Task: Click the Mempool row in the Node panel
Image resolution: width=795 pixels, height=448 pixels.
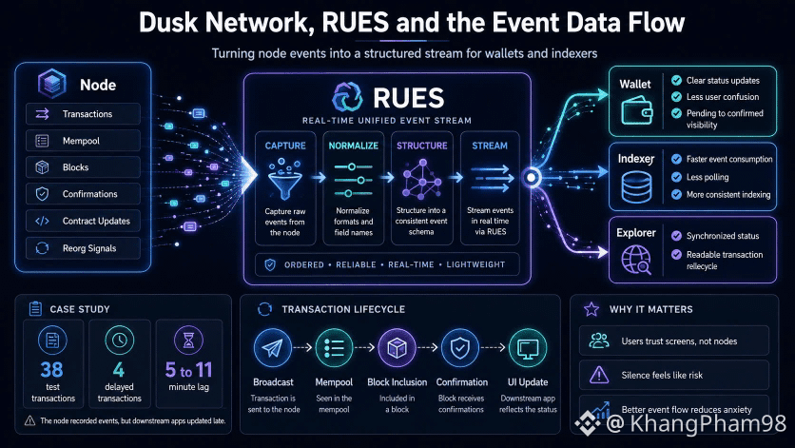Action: coord(83,141)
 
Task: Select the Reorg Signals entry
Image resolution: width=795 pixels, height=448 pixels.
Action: coord(83,248)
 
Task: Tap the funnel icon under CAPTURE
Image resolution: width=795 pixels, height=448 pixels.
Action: coord(285,179)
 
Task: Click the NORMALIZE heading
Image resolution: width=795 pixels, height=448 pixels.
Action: coord(354,146)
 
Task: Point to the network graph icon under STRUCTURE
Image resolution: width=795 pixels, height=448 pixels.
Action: coord(421,179)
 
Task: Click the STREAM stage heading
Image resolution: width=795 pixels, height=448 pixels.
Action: coord(490,146)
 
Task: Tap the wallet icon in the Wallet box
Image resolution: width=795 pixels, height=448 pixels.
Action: coord(637,110)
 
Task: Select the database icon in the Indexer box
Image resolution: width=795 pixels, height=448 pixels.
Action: coord(637,186)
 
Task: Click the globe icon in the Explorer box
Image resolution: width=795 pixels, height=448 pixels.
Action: coord(636,260)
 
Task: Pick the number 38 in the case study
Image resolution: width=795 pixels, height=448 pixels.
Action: coord(51,370)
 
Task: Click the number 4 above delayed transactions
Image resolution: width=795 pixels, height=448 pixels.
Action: coord(119,370)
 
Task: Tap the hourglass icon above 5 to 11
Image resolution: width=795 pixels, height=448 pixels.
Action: coord(188,340)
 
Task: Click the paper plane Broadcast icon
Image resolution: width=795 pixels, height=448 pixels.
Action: coord(273,348)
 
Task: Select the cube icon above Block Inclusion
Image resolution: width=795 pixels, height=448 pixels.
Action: coord(397,348)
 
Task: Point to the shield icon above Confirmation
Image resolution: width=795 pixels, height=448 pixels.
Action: coord(460,348)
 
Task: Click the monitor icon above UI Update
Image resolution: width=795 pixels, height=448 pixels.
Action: coord(527,348)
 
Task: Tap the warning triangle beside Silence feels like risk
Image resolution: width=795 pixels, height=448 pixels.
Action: coord(599,375)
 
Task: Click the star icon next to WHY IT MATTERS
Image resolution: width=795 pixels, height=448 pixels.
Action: coord(591,309)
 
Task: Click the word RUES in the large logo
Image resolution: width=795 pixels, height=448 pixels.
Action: coord(409,98)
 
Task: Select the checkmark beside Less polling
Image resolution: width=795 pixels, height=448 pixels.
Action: coord(676,177)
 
